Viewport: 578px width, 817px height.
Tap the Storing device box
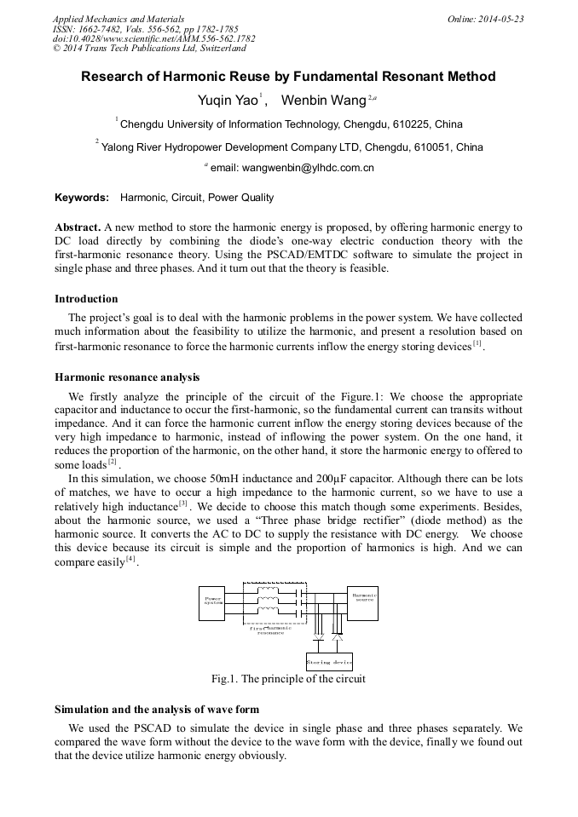pos(328,661)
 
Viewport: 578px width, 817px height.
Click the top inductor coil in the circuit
pos(270,589)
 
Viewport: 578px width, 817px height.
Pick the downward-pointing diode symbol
pos(319,636)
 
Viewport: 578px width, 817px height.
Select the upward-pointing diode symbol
pos(337,636)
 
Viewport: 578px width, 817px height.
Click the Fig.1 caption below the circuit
pos(288,679)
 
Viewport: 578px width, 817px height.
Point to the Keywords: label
pos(82,198)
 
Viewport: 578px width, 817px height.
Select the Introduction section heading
pos(86,299)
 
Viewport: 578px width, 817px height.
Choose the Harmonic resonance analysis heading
pos(127,376)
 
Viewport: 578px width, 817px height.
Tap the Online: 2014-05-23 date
pos(485,19)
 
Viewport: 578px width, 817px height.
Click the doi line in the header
pos(153,38)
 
